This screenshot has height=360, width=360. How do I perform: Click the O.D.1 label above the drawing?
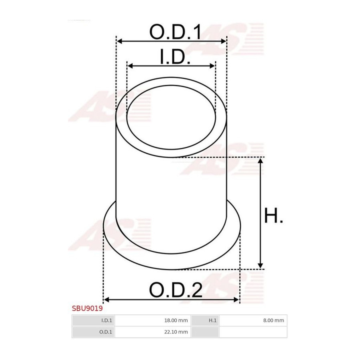(x=175, y=32)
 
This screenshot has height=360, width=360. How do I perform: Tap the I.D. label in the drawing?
(x=175, y=56)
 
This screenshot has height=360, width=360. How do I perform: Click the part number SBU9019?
(x=87, y=308)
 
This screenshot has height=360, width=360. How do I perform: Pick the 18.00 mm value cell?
(x=153, y=320)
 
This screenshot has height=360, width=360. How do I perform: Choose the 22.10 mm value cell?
(x=153, y=332)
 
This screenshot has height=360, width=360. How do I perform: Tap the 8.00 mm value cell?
(x=253, y=320)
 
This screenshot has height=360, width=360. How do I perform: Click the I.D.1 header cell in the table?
(x=93, y=320)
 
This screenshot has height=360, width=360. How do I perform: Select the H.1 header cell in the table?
(x=205, y=320)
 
